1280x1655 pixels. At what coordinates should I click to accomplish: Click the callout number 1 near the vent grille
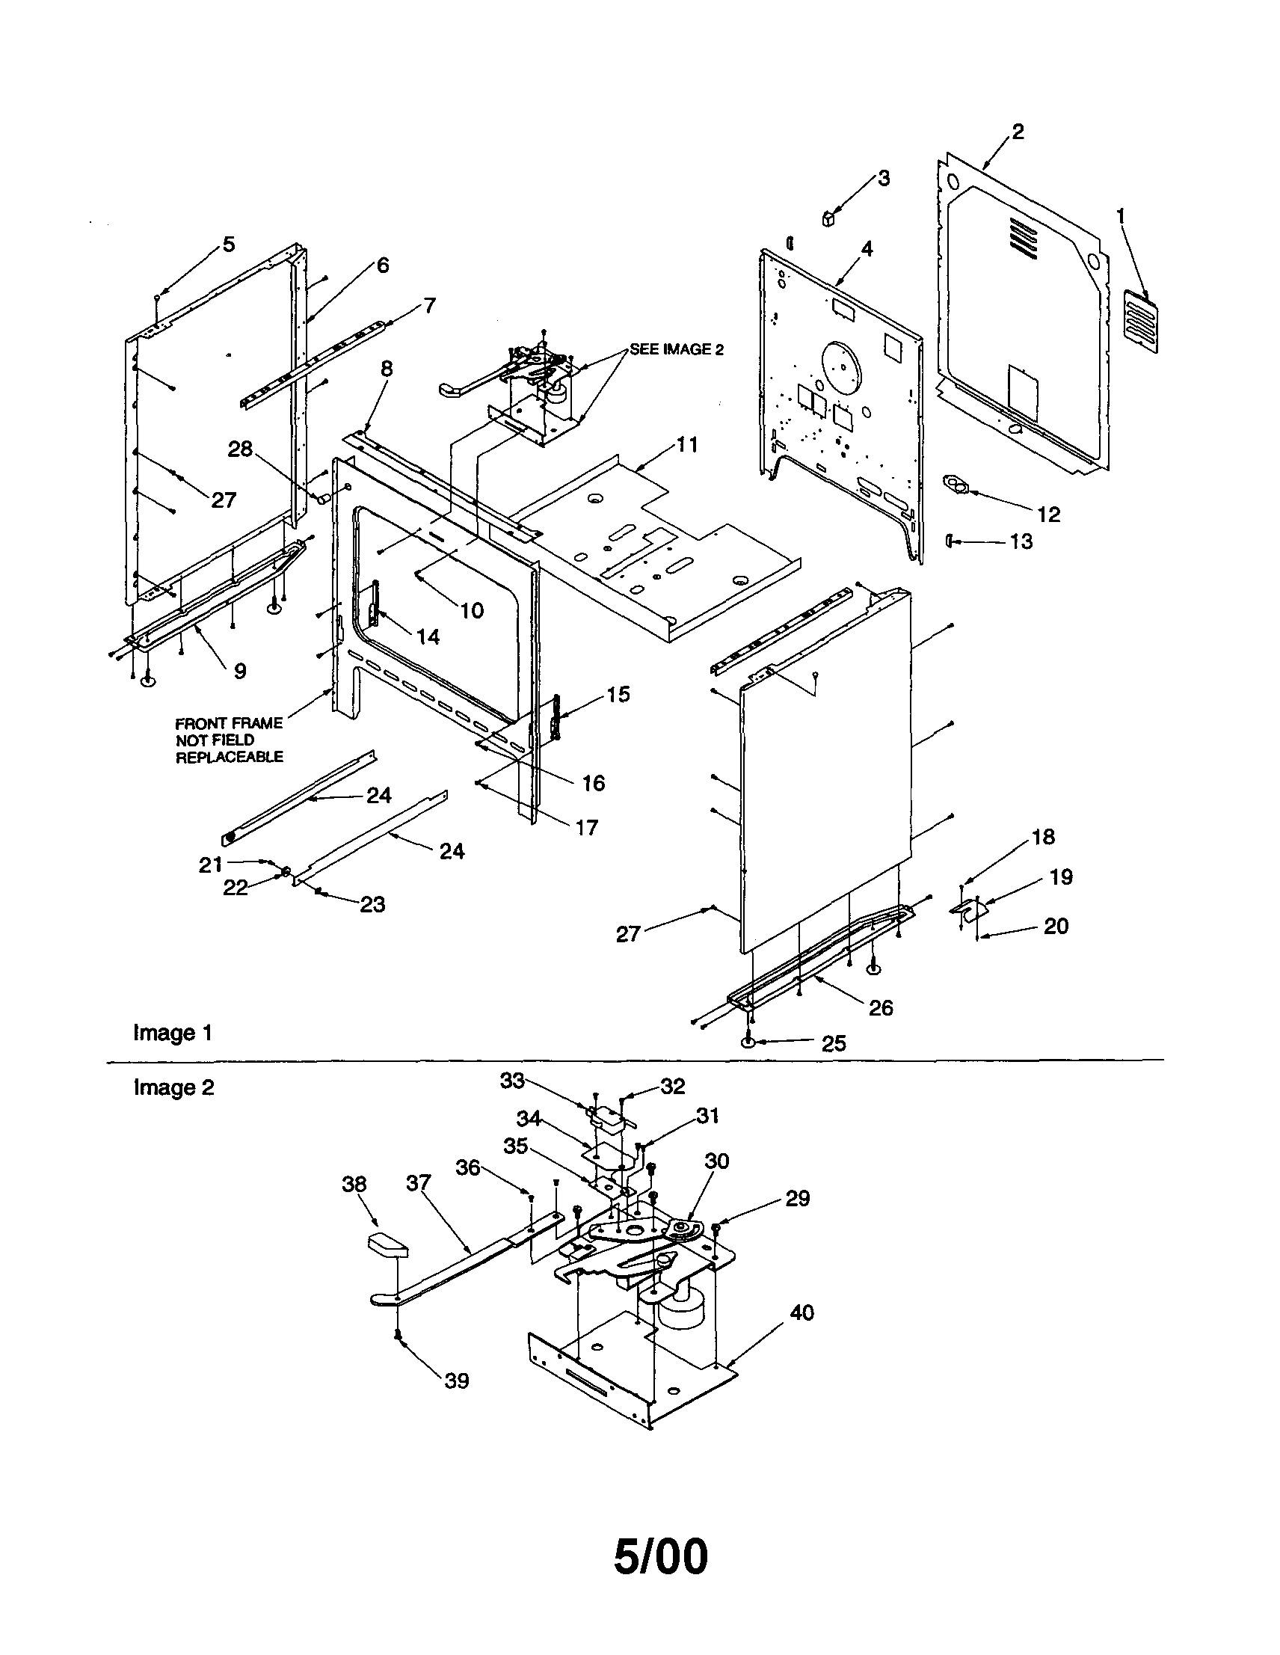1121,217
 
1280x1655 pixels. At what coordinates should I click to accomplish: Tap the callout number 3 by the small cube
884,179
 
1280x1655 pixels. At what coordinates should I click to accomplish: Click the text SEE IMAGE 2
677,349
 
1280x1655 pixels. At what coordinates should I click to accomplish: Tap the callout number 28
240,449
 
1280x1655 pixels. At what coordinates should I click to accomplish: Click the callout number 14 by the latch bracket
428,636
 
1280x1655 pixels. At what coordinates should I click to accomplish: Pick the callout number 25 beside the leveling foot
833,1043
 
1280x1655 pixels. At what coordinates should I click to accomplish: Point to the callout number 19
1061,876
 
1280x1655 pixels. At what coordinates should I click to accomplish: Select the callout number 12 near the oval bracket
1048,515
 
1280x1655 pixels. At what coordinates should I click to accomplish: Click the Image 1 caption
173,1033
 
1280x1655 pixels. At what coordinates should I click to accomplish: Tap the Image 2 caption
173,1087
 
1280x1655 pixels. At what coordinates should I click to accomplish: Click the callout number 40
801,1312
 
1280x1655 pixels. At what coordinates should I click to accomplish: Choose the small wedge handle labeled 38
387,1245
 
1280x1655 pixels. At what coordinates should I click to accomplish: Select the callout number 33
512,1081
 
